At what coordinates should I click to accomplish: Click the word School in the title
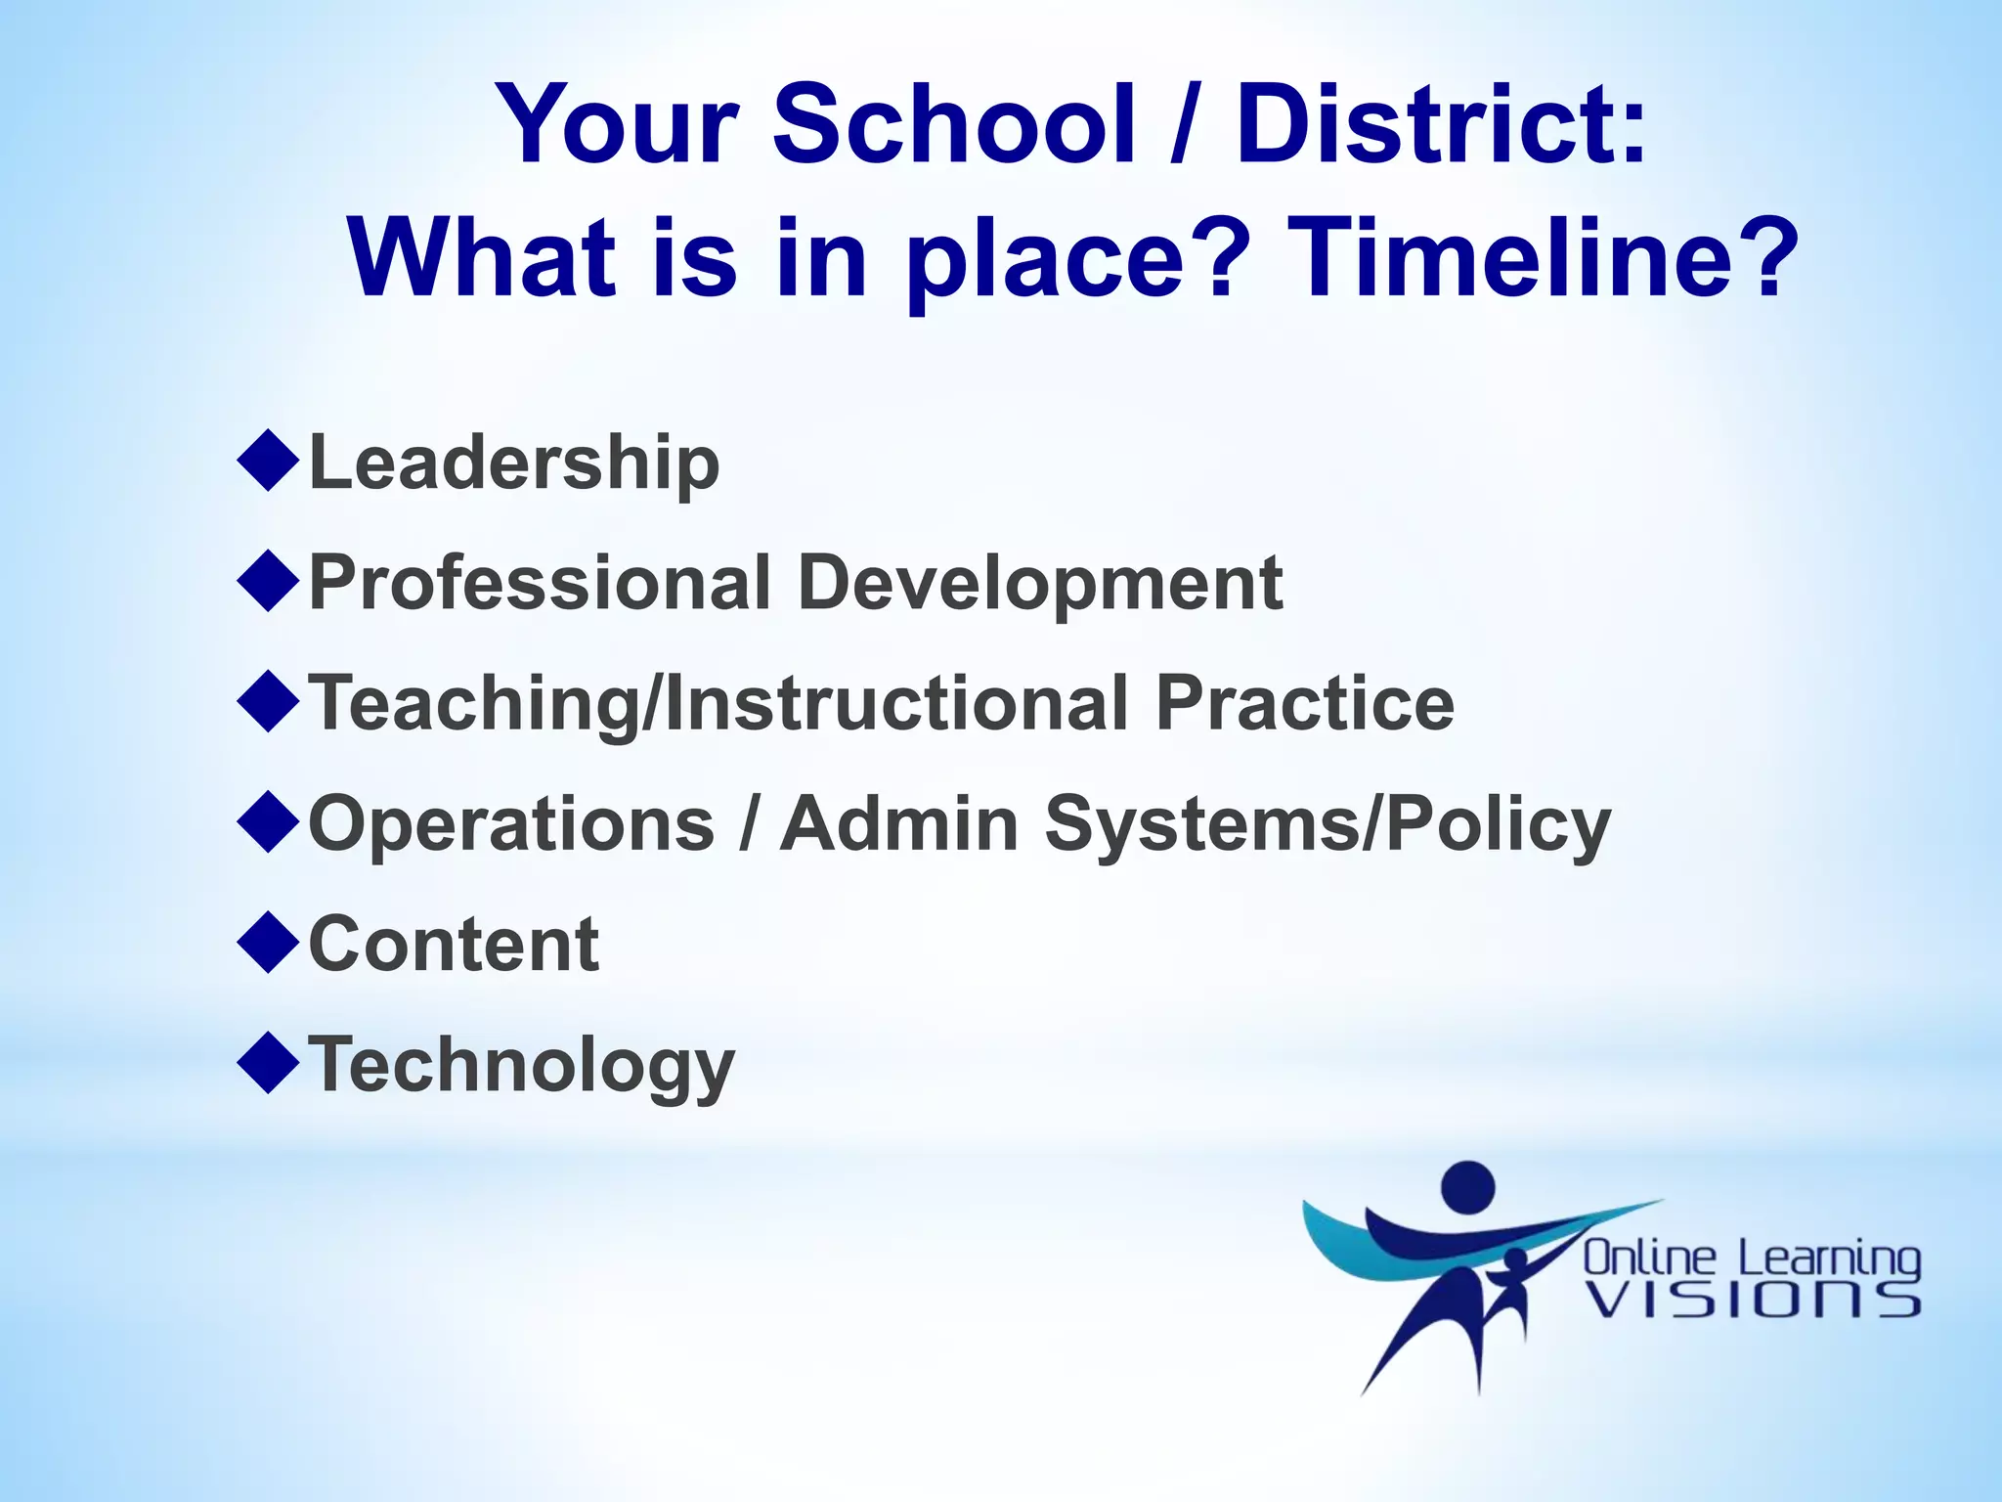tap(954, 125)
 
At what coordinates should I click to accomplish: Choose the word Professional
tap(541, 584)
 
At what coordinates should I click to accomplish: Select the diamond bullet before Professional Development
tap(268, 581)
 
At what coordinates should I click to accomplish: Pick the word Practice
tap(1305, 703)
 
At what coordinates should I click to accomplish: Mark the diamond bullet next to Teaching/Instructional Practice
tap(268, 701)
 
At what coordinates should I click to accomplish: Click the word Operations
tap(512, 825)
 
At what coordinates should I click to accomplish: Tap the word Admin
tap(900, 823)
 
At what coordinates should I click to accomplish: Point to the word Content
tap(454, 945)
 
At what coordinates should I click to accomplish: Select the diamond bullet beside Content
tap(268, 943)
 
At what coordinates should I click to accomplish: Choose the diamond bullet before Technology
tap(268, 1063)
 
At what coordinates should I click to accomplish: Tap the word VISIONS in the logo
tap(1752, 1301)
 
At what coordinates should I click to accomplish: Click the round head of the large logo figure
tap(1468, 1187)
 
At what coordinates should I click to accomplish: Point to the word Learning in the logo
tap(1829, 1259)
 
